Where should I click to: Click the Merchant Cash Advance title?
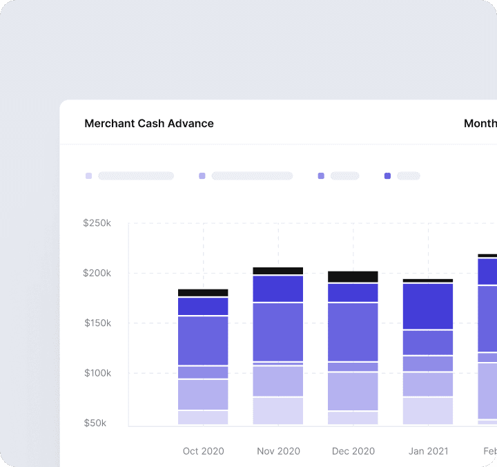tap(149, 124)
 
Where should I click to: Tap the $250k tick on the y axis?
tap(97, 223)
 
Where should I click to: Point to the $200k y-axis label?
tap(97, 273)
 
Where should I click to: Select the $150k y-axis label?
tap(97, 323)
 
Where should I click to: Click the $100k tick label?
tap(97, 373)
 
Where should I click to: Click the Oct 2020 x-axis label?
tap(203, 451)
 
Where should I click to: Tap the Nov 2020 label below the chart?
tap(278, 451)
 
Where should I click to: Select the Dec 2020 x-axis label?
tap(353, 451)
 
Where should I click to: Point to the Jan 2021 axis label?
tap(428, 451)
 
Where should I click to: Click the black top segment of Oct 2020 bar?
tap(203, 293)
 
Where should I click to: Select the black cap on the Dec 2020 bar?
tap(353, 276)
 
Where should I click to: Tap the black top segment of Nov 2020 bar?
tap(278, 271)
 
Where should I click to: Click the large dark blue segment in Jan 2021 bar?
tap(428, 306)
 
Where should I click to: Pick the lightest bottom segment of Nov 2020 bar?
tap(278, 411)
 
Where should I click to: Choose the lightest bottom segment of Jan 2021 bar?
tap(428, 411)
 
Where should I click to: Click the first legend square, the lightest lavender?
tap(88, 176)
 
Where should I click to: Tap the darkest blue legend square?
tap(387, 176)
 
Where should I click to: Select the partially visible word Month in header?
tap(480, 124)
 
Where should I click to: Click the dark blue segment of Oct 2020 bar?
tap(203, 306)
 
